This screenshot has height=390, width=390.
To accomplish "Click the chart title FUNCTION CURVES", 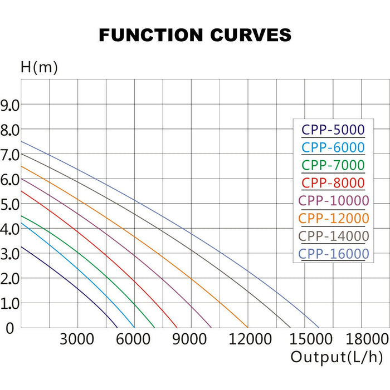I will pyautogui.click(x=195, y=35).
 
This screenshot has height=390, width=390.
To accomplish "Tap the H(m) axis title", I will pyautogui.click(x=39, y=68).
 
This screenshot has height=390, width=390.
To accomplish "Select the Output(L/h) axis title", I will pyautogui.click(x=337, y=357).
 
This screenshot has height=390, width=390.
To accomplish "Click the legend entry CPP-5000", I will pyautogui.click(x=333, y=130).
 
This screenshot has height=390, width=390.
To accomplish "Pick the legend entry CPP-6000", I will pyautogui.click(x=333, y=147).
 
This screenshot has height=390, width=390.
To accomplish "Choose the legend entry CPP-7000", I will pyautogui.click(x=333, y=165).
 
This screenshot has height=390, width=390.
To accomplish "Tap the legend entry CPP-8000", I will pyautogui.click(x=333, y=182).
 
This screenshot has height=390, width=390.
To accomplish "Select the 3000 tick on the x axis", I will pyautogui.click(x=77, y=339).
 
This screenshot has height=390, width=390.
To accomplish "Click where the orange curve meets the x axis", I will pyautogui.click(x=247, y=328).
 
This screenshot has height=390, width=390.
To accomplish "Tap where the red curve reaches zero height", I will pyautogui.click(x=177, y=328).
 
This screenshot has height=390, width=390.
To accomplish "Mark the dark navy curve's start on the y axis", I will pyautogui.click(x=21, y=246).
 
